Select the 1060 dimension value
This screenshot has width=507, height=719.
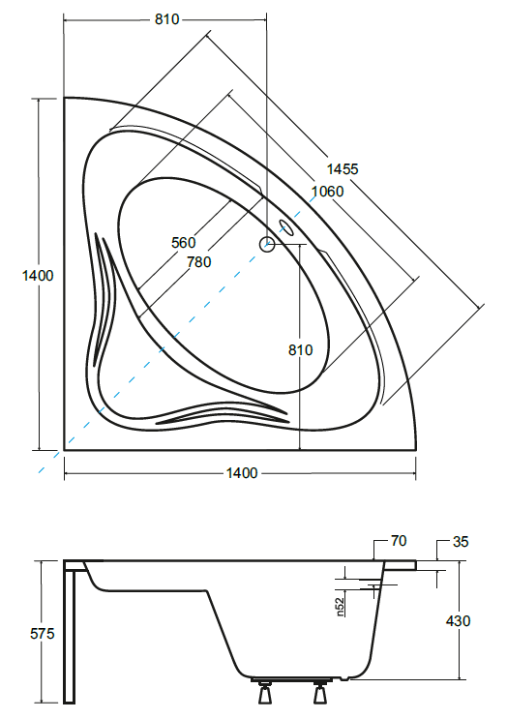coord(327,192)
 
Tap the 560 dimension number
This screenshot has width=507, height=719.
coord(183,242)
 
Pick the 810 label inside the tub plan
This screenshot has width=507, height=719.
coord(300,350)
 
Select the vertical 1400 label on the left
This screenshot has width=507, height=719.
coord(37,276)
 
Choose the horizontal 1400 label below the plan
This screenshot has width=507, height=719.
coord(241,473)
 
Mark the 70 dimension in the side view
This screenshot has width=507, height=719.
coord(400,541)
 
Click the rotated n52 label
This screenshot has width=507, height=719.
coord(341,605)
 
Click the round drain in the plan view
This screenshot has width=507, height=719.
coord(266,246)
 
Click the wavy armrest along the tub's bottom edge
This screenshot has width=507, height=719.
coord(223,412)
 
